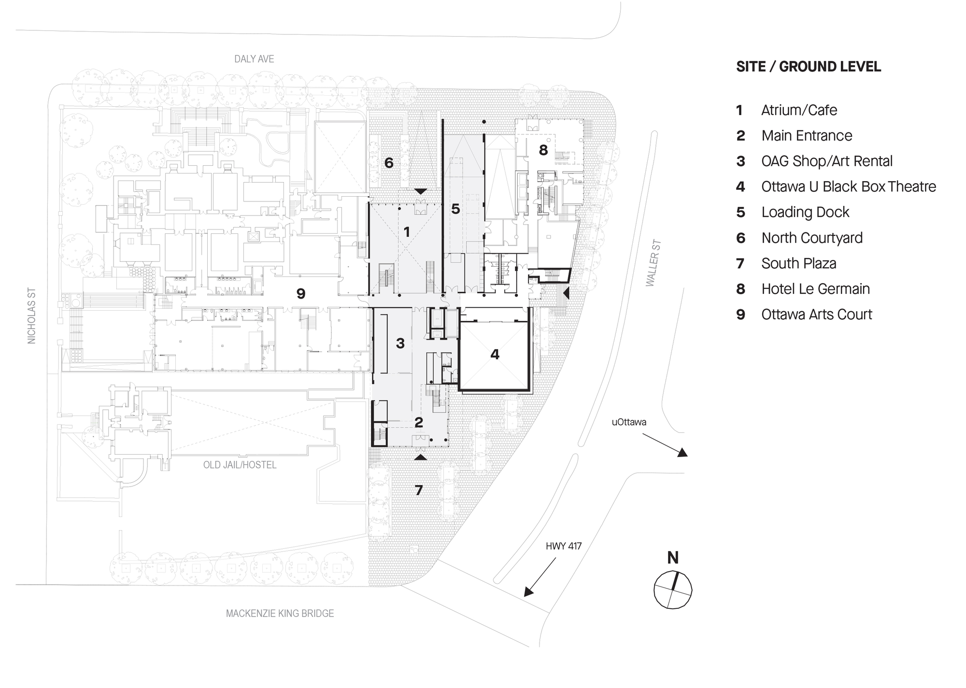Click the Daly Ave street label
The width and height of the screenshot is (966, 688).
(x=254, y=59)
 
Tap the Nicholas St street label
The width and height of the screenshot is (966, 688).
(x=32, y=316)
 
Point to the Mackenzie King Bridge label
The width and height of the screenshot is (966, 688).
(x=280, y=614)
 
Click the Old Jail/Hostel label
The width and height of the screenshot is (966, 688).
(x=240, y=465)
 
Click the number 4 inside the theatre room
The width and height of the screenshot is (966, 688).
(x=495, y=355)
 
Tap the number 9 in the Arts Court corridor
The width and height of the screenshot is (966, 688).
(x=301, y=293)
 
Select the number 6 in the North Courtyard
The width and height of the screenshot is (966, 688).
(x=389, y=163)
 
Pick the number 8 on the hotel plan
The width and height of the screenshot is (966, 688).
(x=543, y=150)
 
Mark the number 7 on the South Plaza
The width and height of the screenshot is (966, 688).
(x=419, y=490)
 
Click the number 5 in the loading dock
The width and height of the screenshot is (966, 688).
(x=455, y=209)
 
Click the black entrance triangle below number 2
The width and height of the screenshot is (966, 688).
(x=421, y=457)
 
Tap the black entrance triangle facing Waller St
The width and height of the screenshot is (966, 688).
(x=567, y=292)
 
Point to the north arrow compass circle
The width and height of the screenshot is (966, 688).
(x=673, y=589)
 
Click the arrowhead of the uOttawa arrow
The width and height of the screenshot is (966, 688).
(x=682, y=453)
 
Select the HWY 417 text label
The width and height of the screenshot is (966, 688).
(x=564, y=546)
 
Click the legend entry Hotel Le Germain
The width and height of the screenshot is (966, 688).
(x=815, y=289)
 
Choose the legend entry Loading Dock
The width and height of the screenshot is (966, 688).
(x=805, y=212)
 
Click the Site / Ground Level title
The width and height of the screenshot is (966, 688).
(x=809, y=67)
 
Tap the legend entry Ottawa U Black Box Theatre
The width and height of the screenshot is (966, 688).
(x=849, y=186)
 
